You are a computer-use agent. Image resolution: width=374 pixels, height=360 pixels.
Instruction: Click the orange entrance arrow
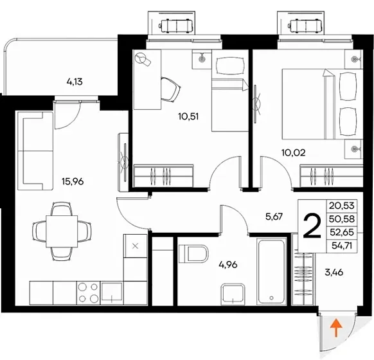[x=336, y=328]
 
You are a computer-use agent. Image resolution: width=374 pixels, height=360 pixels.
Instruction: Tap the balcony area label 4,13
[x=75, y=82]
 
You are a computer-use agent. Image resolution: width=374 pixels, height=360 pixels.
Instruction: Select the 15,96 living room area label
[x=73, y=181]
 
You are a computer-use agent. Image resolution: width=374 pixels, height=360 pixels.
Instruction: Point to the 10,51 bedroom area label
[x=188, y=116]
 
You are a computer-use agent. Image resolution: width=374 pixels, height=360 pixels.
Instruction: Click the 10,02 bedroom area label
[x=294, y=152]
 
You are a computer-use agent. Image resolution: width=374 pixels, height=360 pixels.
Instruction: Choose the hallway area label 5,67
[x=274, y=217]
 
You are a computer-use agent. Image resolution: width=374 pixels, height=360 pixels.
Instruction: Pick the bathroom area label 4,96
[x=228, y=265]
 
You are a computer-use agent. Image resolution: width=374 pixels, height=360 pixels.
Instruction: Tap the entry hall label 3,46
[x=334, y=272]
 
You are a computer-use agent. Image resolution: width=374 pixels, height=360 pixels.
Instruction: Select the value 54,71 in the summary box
[x=342, y=245]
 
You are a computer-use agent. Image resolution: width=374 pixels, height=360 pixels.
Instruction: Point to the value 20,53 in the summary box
[x=342, y=206]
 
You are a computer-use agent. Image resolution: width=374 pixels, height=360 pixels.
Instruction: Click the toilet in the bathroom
[x=193, y=253]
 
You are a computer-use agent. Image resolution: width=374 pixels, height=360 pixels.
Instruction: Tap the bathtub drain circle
[x=271, y=298]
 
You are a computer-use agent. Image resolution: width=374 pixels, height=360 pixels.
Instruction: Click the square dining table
[x=62, y=231]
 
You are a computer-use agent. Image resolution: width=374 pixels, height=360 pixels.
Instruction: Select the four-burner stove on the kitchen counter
[x=88, y=292]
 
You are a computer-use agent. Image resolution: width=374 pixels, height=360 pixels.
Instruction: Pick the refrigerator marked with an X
[x=135, y=246]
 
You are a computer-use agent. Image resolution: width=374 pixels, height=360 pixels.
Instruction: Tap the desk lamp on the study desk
[x=143, y=59]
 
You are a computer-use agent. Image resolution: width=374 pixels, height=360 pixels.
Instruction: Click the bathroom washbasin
[x=233, y=294]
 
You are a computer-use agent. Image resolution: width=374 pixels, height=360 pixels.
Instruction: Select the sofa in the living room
[x=35, y=151]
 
